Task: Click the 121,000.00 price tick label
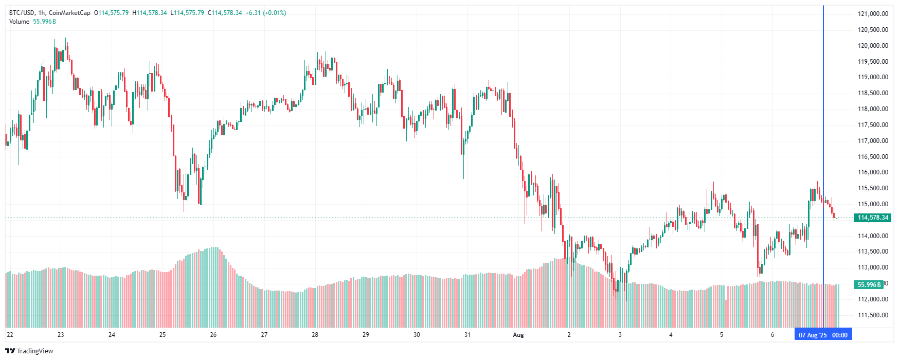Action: click(873, 14)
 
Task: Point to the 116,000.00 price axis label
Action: click(873, 172)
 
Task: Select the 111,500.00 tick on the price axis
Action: click(873, 315)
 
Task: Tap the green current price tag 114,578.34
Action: click(873, 218)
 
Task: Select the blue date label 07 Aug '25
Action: click(813, 335)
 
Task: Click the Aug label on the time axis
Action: click(518, 335)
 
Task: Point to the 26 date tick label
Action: click(213, 335)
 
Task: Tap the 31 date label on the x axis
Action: click(468, 335)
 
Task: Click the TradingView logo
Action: click(29, 351)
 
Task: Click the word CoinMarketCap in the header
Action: click(69, 13)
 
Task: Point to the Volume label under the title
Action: click(19, 22)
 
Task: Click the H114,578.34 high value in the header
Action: click(150, 13)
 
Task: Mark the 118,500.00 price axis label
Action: click(873, 93)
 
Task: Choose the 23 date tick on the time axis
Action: click(61, 335)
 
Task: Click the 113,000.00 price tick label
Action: click(873, 267)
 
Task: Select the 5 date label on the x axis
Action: click(722, 335)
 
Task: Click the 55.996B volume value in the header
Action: click(45, 22)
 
